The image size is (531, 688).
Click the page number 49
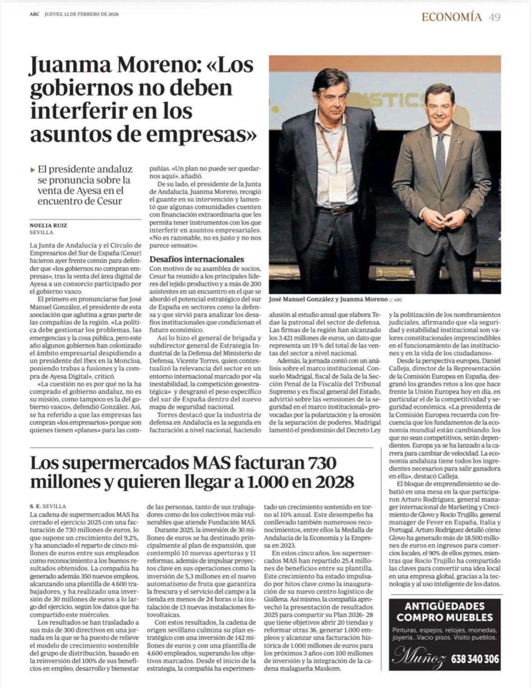pyautogui.click(x=494, y=17)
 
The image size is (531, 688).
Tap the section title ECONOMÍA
pyautogui.click(x=451, y=17)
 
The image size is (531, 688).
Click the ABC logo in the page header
pyautogui.click(x=34, y=14)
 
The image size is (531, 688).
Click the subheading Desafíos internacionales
pyautogui.click(x=197, y=259)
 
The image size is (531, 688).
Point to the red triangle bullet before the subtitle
pyautogui.click(x=32, y=170)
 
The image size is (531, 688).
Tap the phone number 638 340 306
pyautogui.click(x=475, y=659)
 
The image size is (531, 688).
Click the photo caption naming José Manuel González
pyautogui.click(x=328, y=299)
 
